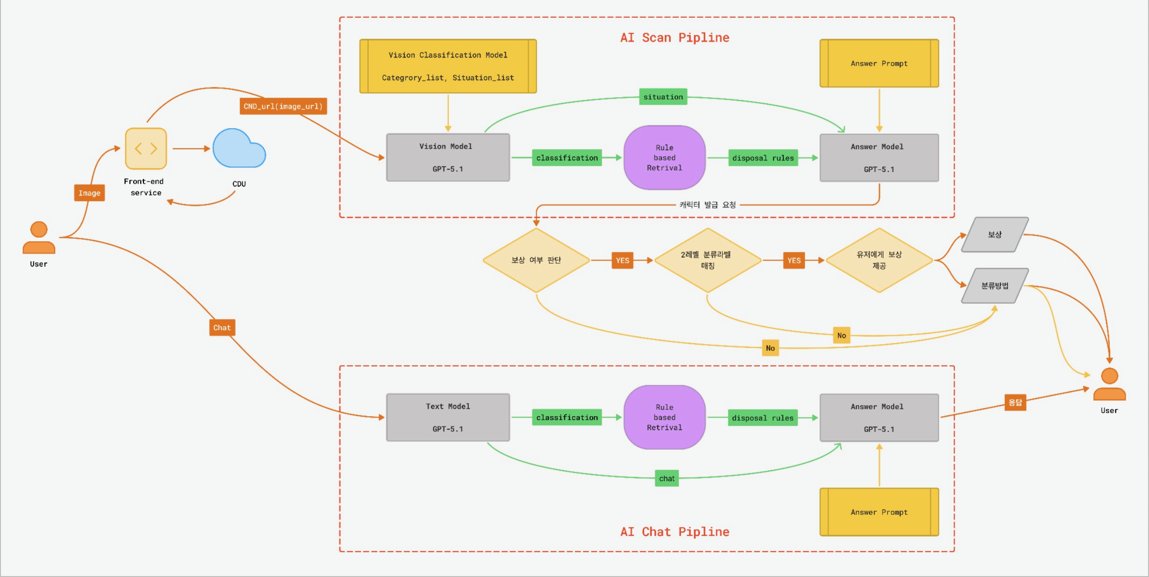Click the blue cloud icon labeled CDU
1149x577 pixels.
click(239, 149)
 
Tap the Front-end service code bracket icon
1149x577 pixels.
click(146, 149)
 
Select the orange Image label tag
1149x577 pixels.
click(89, 193)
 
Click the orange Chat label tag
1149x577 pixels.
click(222, 327)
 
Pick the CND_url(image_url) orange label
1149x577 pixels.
click(283, 106)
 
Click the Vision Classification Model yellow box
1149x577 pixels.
click(448, 66)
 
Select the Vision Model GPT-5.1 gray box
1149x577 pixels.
click(448, 158)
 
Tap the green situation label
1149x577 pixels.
click(663, 97)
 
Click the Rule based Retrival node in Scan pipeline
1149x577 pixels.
click(664, 158)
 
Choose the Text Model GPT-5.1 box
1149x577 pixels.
click(448, 417)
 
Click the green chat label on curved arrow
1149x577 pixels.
click(667, 478)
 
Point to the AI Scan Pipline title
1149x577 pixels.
click(675, 37)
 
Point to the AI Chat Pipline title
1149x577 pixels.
click(675, 532)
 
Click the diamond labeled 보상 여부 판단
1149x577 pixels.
click(536, 260)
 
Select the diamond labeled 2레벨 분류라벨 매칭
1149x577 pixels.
click(708, 260)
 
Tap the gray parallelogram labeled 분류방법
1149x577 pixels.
click(995, 286)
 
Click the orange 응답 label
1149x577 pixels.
click(1015, 402)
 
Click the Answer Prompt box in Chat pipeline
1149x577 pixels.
click(879, 512)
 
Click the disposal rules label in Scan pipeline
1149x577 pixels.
click(763, 158)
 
